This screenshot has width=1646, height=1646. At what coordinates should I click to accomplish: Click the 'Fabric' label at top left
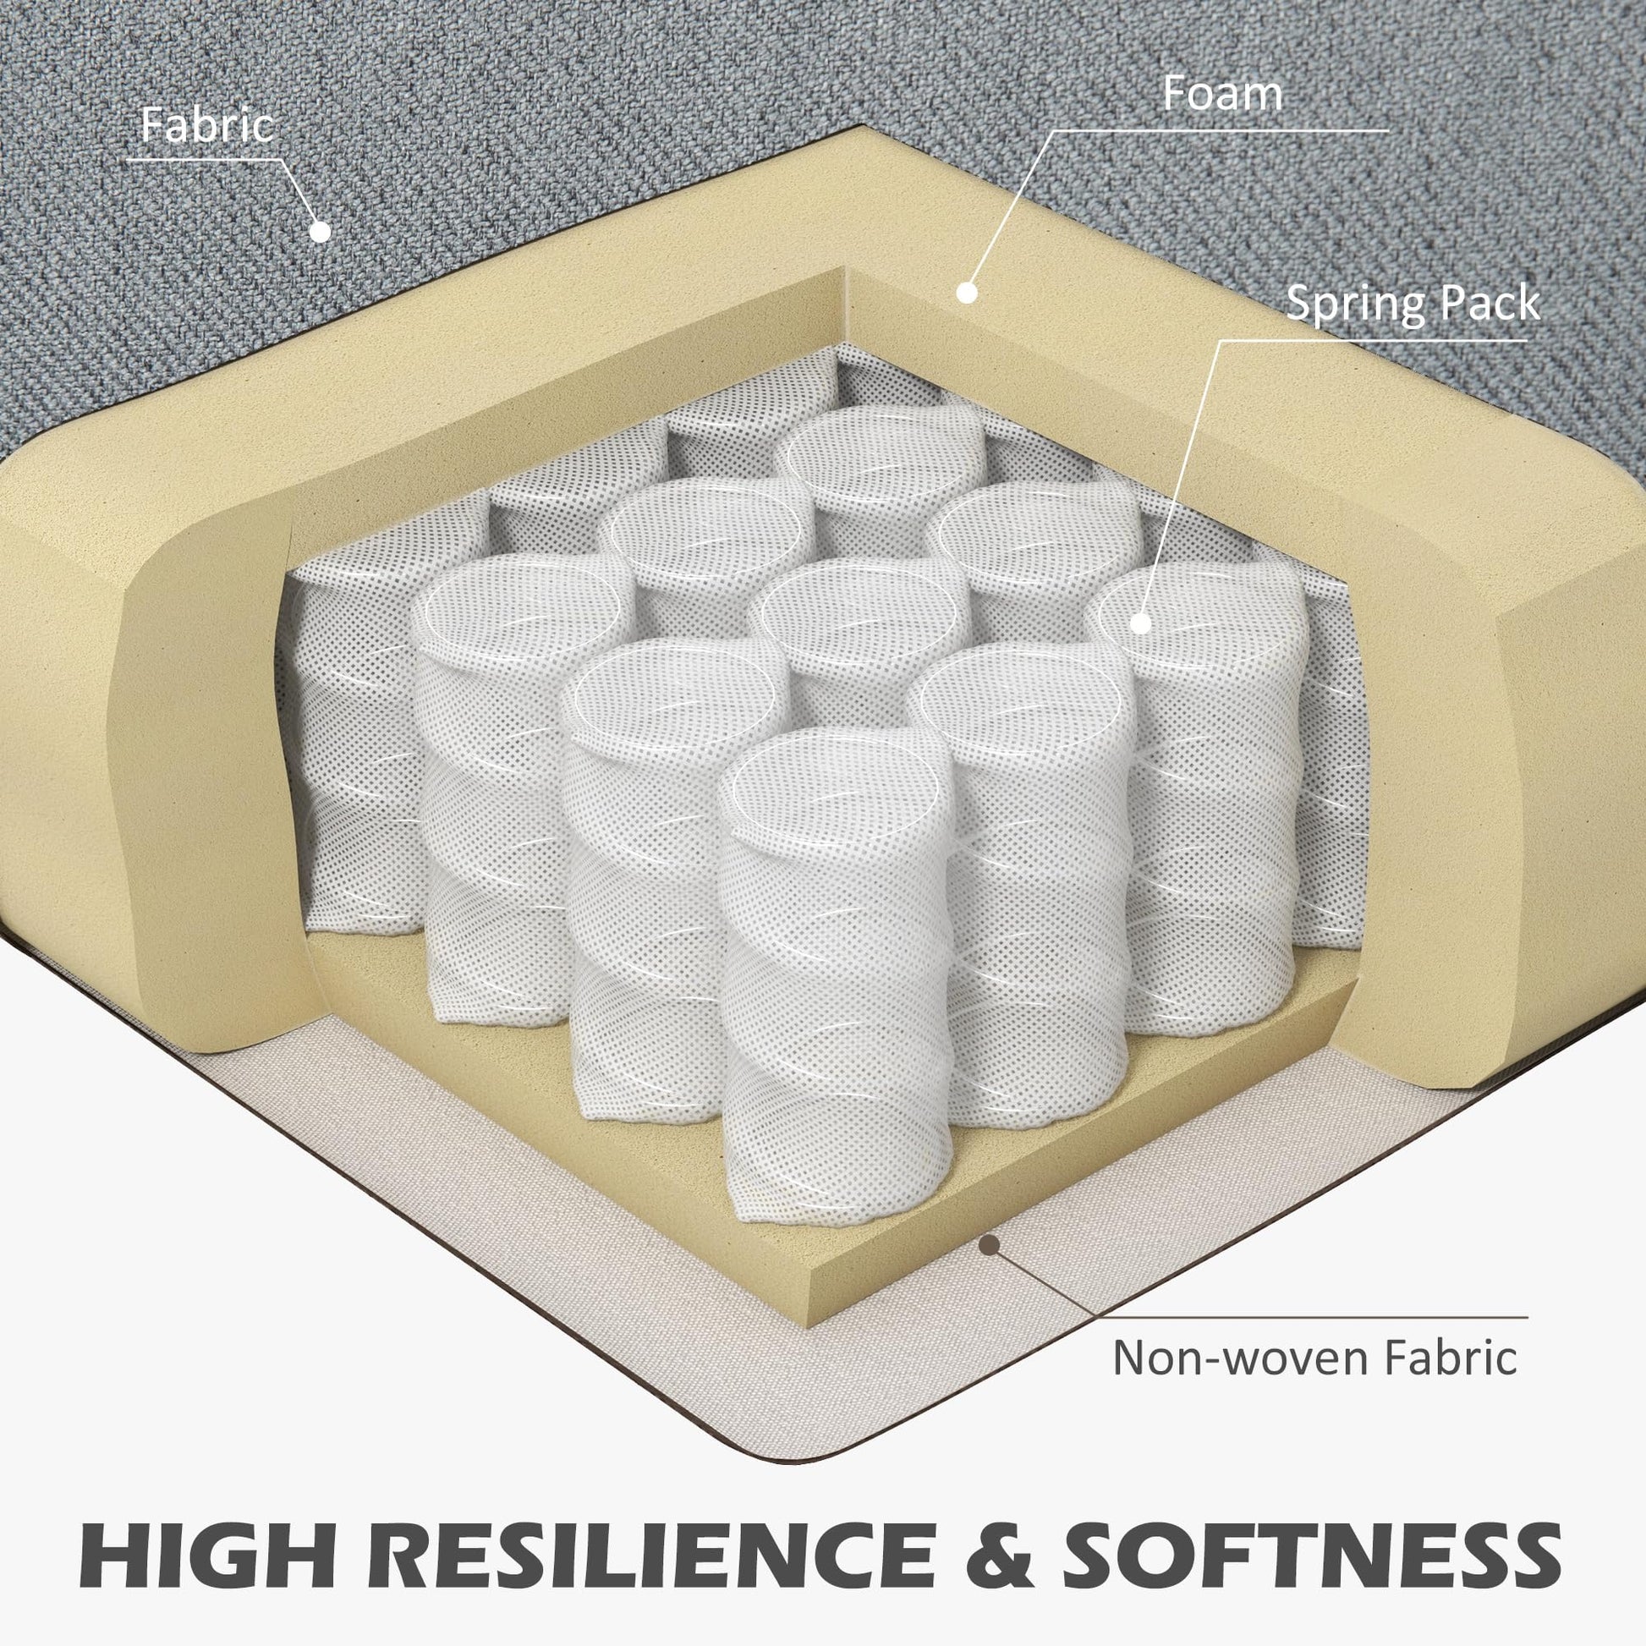tap(207, 125)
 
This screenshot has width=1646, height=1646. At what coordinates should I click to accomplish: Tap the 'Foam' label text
tap(1221, 94)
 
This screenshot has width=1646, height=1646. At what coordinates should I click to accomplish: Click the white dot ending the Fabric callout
tap(320, 230)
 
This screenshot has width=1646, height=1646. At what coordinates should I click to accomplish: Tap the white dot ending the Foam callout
tap(966, 292)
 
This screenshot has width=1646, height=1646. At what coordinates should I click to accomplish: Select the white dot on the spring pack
tap(1141, 623)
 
